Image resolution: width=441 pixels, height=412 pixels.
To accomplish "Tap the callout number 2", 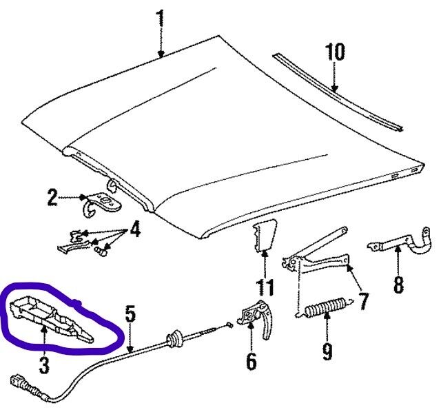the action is click(52, 198).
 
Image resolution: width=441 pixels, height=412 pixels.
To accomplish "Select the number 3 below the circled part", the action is click(44, 365).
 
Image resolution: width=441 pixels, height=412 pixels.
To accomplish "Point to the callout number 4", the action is click(135, 229).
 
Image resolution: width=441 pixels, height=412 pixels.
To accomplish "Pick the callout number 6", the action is click(251, 361).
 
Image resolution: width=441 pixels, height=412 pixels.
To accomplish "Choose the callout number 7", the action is click(363, 302).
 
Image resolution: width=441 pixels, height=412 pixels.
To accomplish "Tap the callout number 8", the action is click(398, 285).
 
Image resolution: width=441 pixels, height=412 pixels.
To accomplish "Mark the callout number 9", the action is click(327, 351).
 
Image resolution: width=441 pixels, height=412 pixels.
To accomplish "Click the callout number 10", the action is click(335, 52).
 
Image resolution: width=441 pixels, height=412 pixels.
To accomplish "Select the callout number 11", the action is click(265, 287).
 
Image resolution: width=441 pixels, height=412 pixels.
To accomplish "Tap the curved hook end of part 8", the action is click(422, 242).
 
